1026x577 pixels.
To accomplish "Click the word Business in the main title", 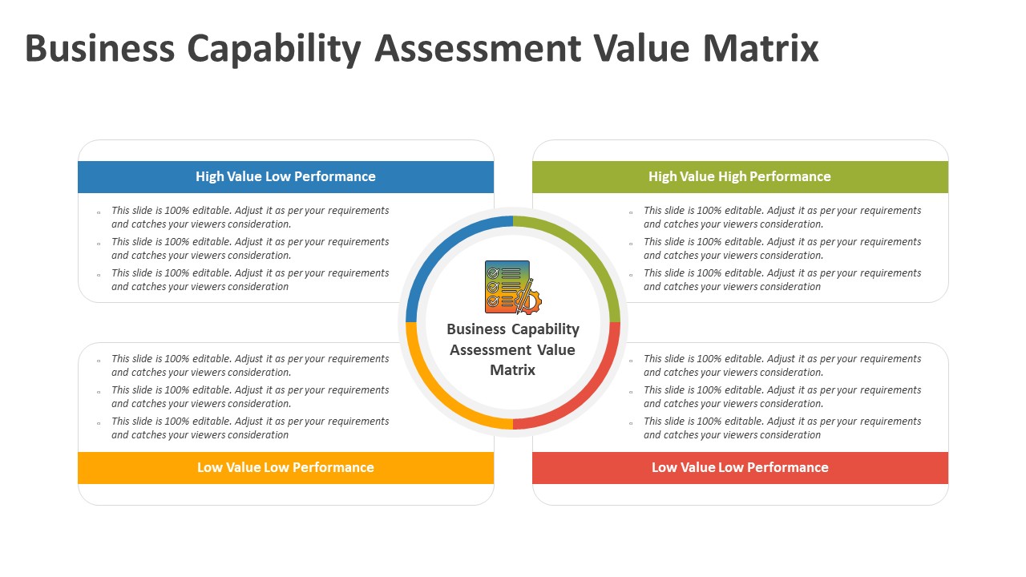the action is tap(100, 48).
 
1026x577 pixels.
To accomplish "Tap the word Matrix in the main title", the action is tap(761, 48).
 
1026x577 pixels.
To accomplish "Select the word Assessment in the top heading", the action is tap(478, 48).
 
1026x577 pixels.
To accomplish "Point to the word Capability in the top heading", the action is tap(274, 50).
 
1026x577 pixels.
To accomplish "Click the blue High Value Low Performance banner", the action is tap(286, 177).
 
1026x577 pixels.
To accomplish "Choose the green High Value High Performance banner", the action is tap(740, 177).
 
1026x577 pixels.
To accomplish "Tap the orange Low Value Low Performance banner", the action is tap(286, 467).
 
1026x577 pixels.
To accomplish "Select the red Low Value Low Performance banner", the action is tap(740, 467).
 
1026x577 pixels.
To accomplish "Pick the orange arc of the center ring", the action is tap(436, 397).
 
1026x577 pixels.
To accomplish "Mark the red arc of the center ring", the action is tap(590, 397).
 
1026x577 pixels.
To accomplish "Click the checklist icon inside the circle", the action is tap(513, 288).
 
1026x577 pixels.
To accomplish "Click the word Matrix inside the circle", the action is tap(512, 370).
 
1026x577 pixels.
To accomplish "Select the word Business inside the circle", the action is tap(476, 329).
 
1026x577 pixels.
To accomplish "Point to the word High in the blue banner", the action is tap(207, 177).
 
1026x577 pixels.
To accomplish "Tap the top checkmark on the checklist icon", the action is tap(493, 273).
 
